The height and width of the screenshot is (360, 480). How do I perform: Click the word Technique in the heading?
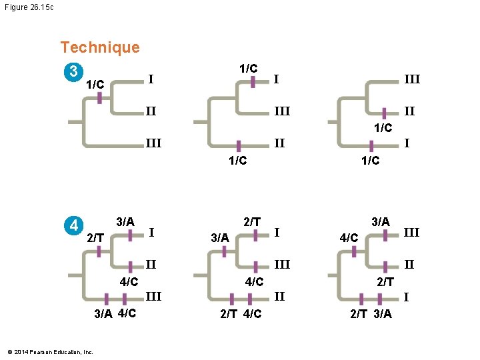click(100, 47)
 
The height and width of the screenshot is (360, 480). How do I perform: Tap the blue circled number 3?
click(74, 71)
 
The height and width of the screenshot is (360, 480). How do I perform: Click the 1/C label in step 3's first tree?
click(95, 85)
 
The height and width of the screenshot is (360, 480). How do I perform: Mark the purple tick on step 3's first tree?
click(99, 97)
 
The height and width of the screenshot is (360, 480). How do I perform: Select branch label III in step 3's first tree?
click(153, 143)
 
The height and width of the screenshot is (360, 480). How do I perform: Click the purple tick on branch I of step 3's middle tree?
click(253, 81)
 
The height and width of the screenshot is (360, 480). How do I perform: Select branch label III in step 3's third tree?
click(411, 79)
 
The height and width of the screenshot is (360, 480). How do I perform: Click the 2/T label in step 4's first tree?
click(95, 237)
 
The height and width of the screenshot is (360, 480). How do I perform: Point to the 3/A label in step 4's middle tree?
click(219, 237)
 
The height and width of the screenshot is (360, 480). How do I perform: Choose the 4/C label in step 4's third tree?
click(349, 237)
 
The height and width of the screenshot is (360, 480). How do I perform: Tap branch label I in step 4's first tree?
click(153, 232)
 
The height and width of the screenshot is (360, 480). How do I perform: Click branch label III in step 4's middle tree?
click(282, 265)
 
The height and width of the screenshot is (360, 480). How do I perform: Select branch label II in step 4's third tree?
click(409, 265)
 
